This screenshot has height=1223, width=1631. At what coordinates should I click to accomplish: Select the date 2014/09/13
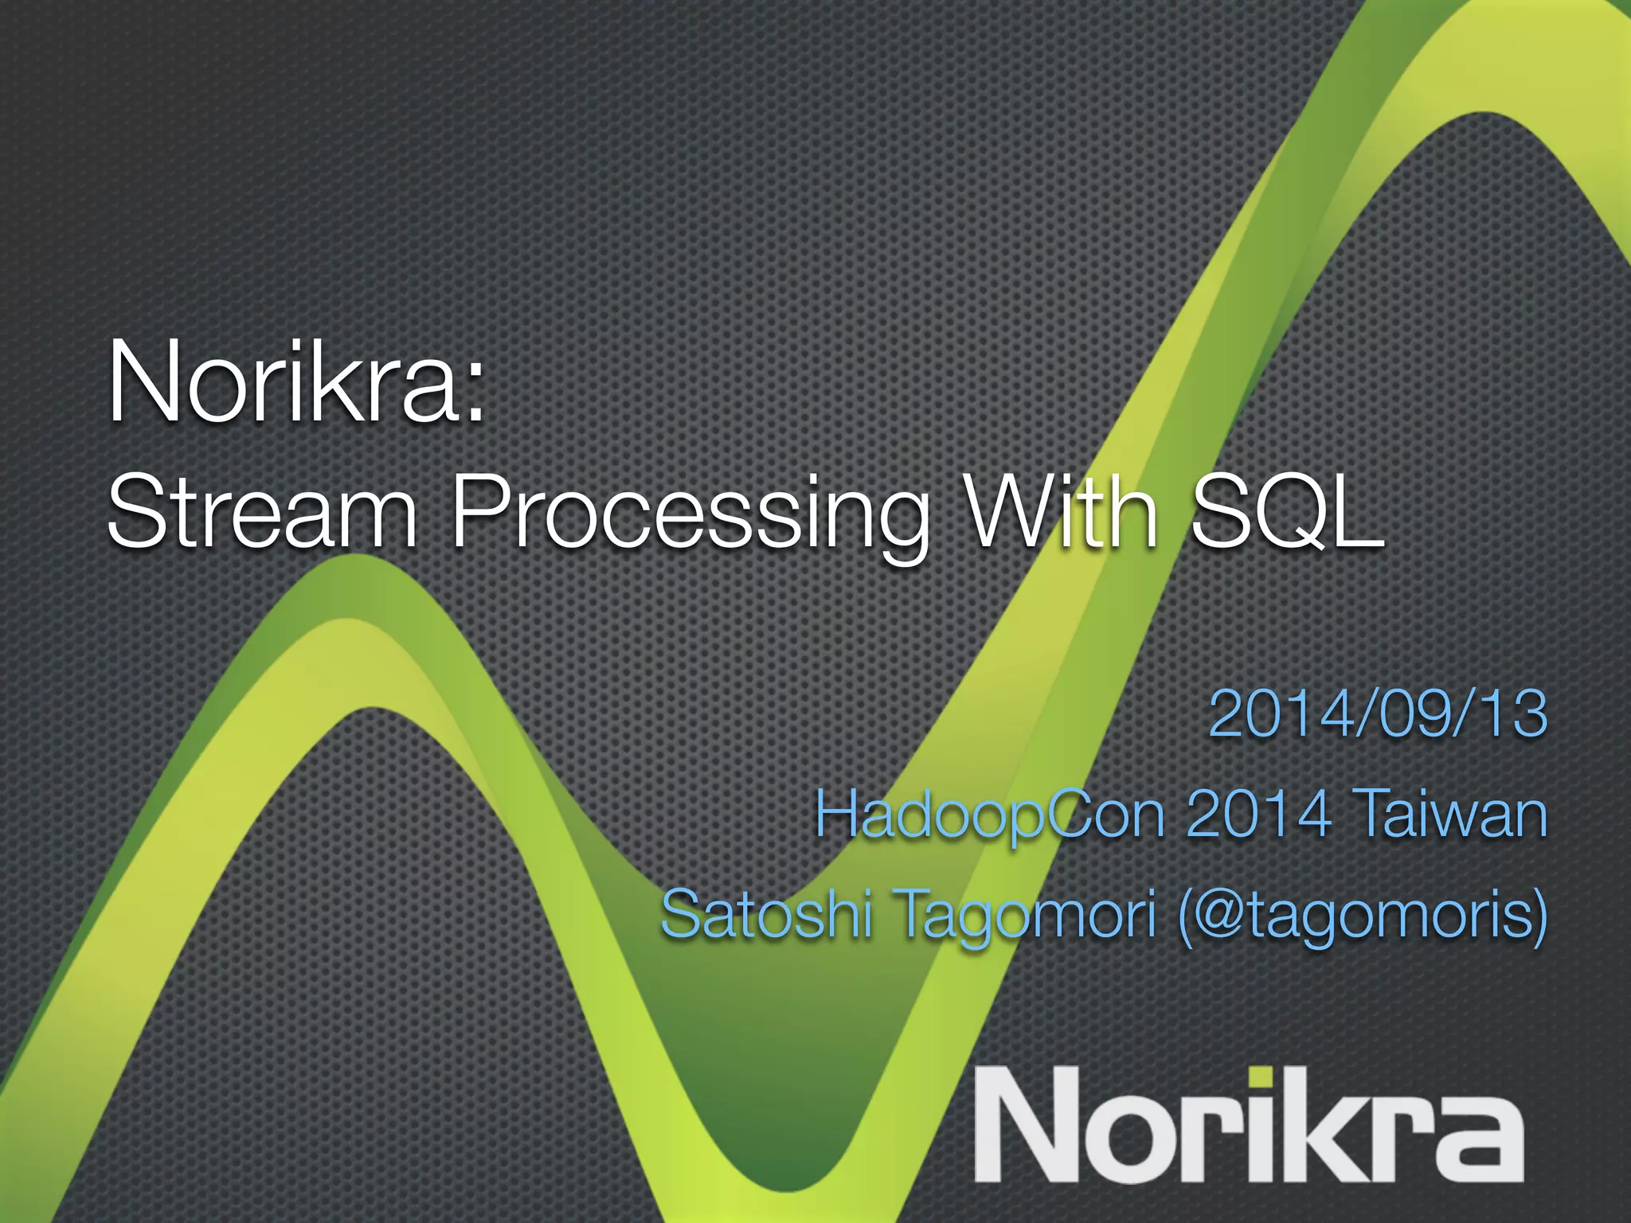[1378, 714]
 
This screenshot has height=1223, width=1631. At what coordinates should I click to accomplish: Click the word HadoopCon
[991, 816]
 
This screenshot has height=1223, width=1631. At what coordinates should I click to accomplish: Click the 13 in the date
[1511, 714]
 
